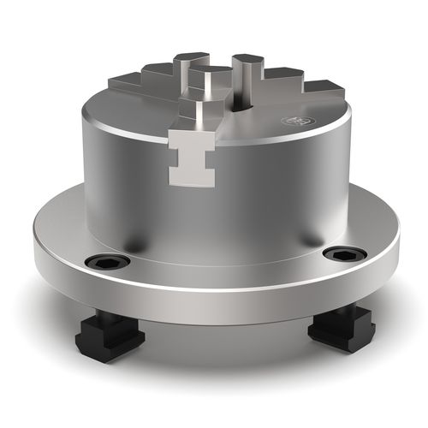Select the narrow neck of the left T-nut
coord(104,325)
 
